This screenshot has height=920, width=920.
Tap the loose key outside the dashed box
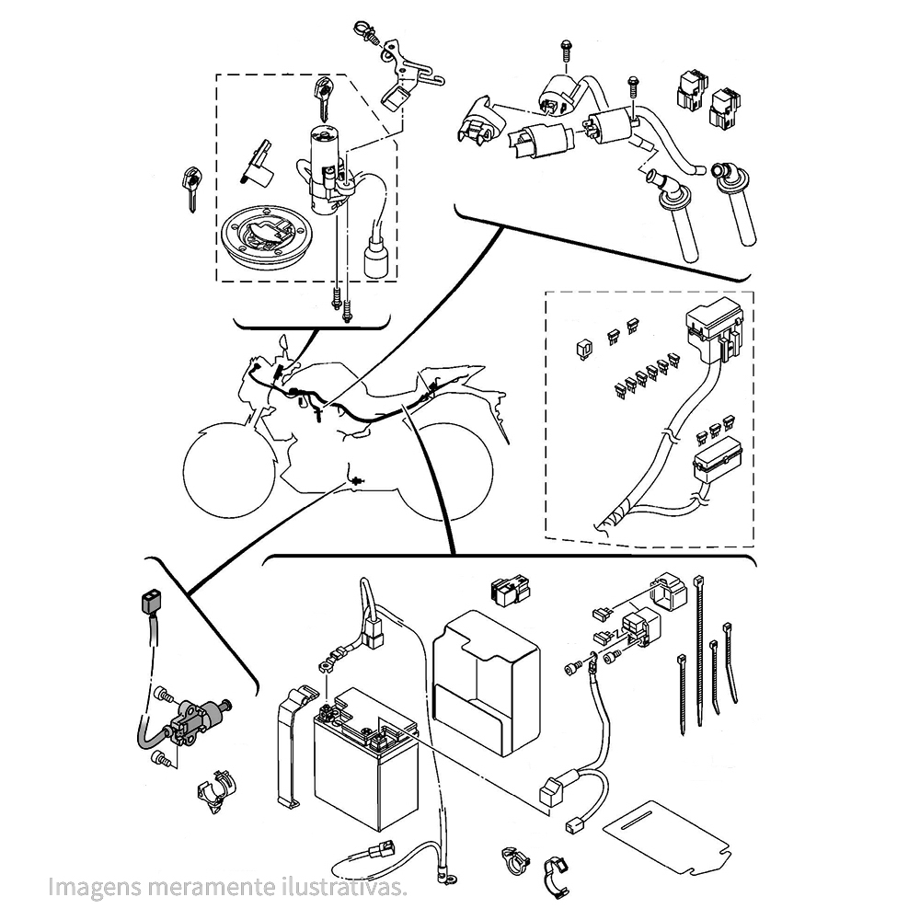(x=191, y=187)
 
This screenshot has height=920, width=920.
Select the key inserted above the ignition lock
(x=321, y=94)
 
